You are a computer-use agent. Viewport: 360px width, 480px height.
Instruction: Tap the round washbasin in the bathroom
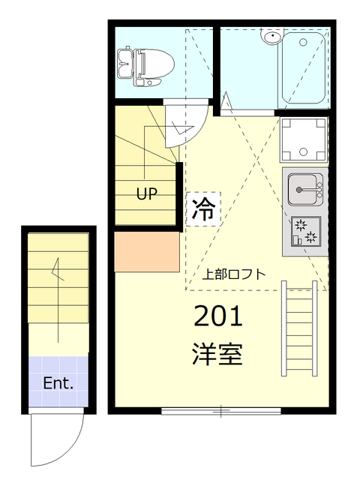271,37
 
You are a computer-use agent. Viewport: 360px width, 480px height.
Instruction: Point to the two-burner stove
304,232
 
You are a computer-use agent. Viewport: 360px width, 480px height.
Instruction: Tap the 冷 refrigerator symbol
202,208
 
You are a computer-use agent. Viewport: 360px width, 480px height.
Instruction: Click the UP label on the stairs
146,194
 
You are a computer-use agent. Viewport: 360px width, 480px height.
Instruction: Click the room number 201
219,317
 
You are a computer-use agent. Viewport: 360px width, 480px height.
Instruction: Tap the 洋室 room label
219,352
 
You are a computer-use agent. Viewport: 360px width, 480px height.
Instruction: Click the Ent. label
58,383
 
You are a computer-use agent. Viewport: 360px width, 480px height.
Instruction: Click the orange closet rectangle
147,252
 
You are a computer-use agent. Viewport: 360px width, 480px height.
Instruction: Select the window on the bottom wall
221,410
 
